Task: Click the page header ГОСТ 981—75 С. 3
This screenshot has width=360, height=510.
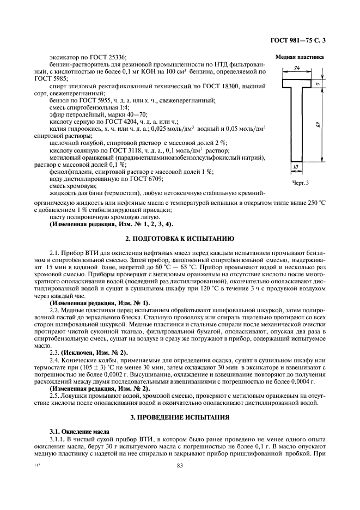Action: (x=308, y=40)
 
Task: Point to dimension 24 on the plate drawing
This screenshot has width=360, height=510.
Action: (x=297, y=68)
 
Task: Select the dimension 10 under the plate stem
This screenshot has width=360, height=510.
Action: (x=295, y=166)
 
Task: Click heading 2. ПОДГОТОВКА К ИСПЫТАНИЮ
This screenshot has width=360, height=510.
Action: (x=180, y=239)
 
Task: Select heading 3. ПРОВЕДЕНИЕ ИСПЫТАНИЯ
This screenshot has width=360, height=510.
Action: (x=180, y=417)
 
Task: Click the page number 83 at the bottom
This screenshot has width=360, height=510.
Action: (x=180, y=465)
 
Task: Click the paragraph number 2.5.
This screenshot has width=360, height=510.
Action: (x=55, y=396)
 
